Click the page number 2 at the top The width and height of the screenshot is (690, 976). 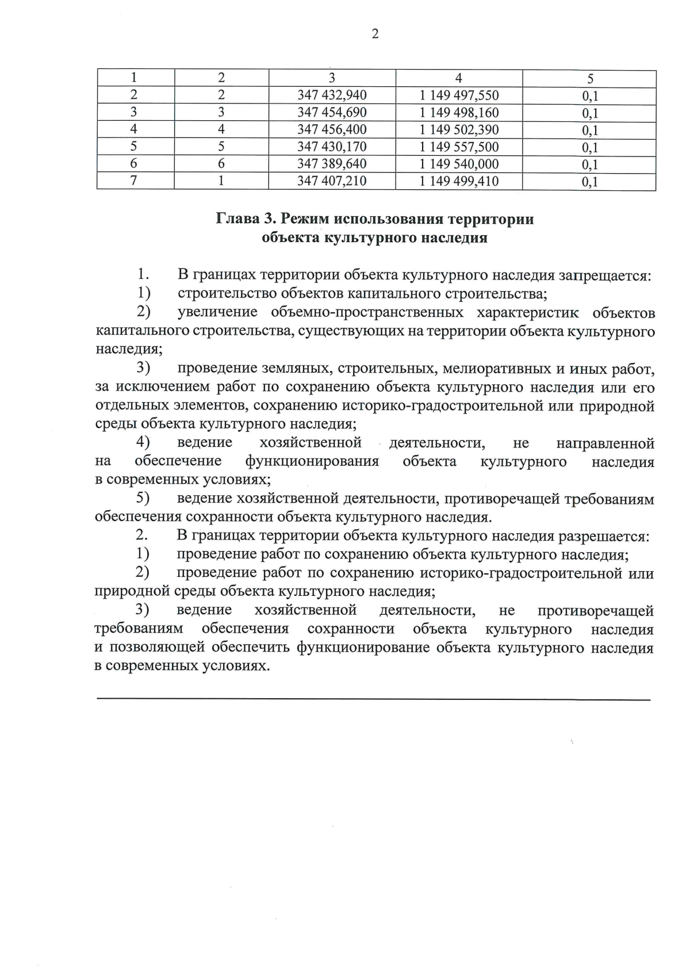coord(375,35)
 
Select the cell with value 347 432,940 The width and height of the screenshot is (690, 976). coord(332,95)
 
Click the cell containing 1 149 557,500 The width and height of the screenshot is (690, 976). coord(459,147)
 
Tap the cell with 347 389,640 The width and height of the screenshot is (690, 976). coord(332,164)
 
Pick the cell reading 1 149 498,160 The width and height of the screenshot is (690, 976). coord(459,113)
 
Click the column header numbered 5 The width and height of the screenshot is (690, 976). coord(589,79)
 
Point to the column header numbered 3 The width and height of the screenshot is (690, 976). coord(332,79)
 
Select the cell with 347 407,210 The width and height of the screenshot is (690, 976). coord(332,182)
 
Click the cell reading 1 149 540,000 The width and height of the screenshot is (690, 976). coord(459,164)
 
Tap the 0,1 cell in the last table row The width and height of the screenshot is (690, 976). coord(589,182)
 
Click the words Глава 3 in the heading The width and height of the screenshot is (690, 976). coord(242,220)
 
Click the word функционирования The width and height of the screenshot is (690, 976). coord(312,462)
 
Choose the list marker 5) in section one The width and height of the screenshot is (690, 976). coord(143,499)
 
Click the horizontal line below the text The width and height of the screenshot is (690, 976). coord(374,699)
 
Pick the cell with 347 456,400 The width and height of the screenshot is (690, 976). coord(332,130)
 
